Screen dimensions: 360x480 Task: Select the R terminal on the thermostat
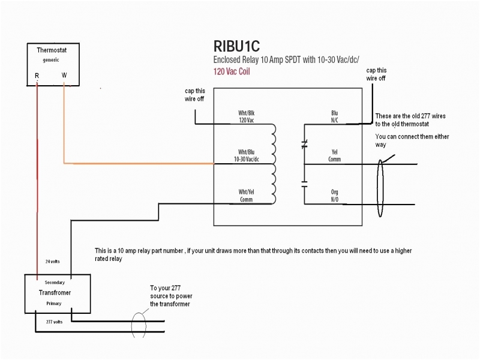tap(37, 76)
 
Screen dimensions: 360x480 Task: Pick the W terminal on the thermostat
tap(64, 76)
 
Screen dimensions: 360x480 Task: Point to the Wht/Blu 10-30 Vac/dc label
tap(248, 155)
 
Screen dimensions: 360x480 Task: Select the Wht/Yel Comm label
tap(246, 195)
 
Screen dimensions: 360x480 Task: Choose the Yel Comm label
tap(335, 155)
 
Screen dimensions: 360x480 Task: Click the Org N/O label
tap(335, 195)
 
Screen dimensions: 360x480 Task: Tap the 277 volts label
tap(55, 322)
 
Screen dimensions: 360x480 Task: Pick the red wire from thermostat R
tap(37, 180)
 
